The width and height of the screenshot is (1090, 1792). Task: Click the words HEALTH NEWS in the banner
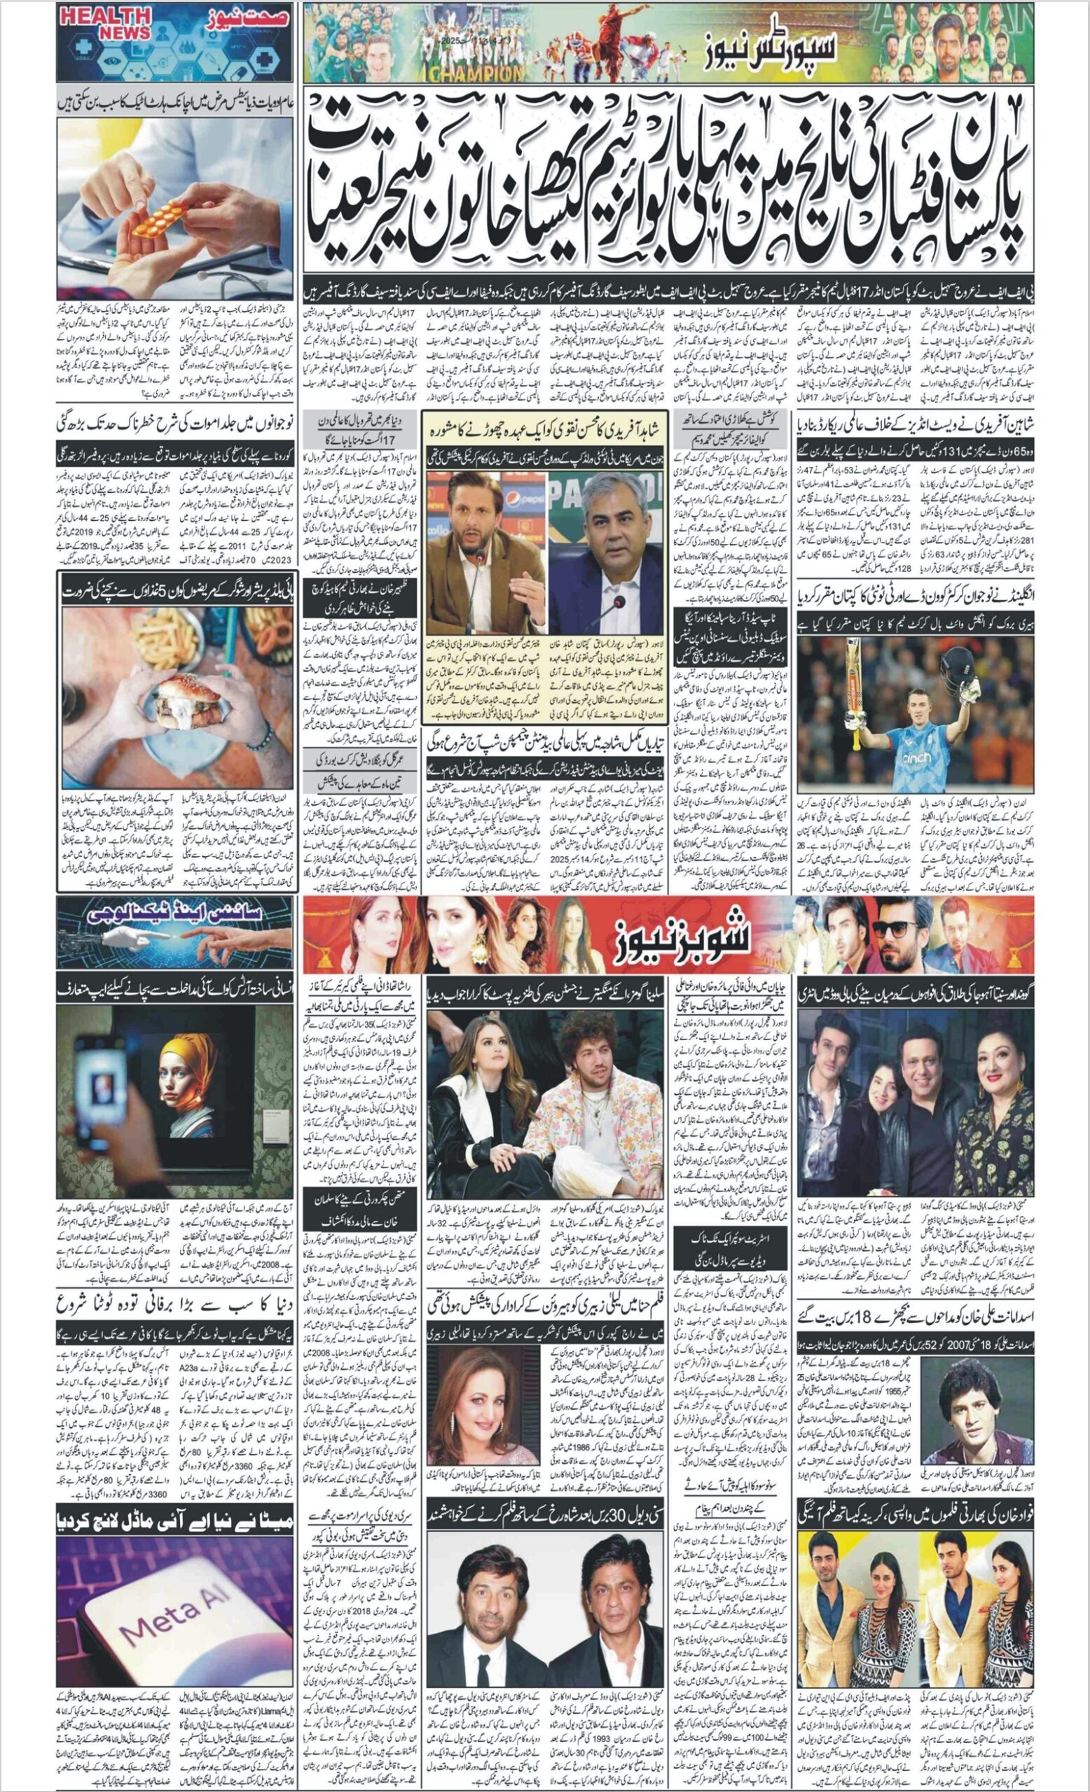click(x=106, y=24)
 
